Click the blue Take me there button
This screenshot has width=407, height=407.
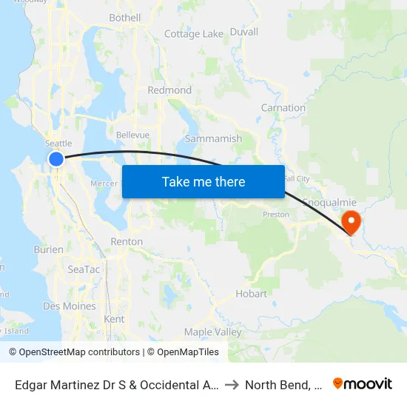(x=203, y=181)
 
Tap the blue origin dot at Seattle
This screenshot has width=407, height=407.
(x=56, y=159)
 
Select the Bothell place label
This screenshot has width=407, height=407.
(x=124, y=18)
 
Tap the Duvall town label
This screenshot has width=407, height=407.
(x=244, y=32)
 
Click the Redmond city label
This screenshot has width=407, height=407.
(x=169, y=90)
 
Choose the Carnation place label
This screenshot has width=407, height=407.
(x=283, y=108)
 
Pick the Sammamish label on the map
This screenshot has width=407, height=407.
(x=213, y=138)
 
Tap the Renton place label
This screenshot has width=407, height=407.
(x=126, y=241)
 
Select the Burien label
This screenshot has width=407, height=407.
(x=49, y=250)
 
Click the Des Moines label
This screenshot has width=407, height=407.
(x=70, y=306)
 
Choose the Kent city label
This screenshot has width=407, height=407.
(x=115, y=319)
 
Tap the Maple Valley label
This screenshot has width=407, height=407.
(x=212, y=332)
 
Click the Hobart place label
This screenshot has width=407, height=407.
(x=252, y=294)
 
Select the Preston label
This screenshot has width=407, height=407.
(x=276, y=215)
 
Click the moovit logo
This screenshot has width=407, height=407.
(x=363, y=383)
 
